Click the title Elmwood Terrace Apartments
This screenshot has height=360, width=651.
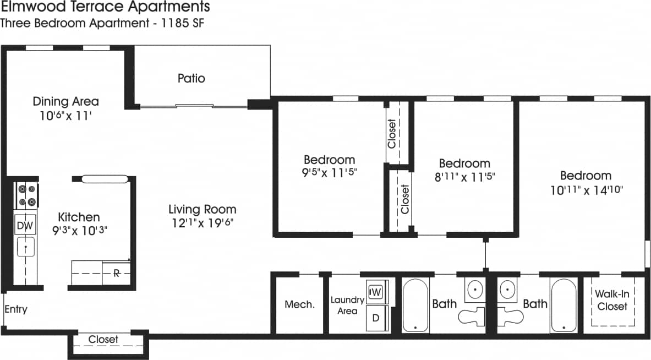tap(105, 7)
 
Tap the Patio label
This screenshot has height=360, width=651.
tap(191, 78)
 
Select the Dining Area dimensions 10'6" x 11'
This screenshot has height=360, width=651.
tap(65, 115)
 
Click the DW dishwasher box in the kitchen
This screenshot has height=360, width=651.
tap(25, 225)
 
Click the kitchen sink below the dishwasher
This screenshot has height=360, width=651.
tap(25, 247)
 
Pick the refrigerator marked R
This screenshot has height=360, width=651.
tap(117, 273)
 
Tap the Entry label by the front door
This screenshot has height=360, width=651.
tap(15, 309)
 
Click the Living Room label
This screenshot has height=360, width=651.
tap(202, 209)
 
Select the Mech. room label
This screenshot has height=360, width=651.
tap(299, 304)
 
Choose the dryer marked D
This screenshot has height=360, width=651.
tap(376, 318)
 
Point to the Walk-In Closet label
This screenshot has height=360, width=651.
tap(612, 301)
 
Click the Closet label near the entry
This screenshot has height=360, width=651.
tap(103, 340)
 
